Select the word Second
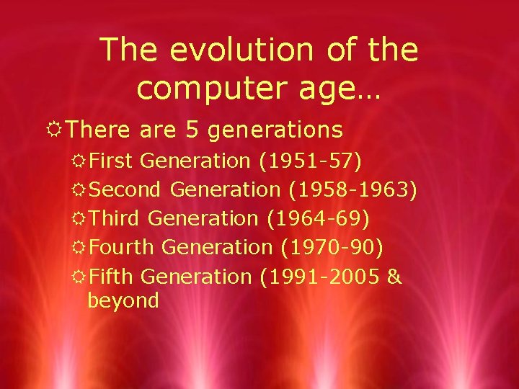[128, 189]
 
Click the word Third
[117, 218]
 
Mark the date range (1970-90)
[331, 247]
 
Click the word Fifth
[114, 276]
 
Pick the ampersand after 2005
[394, 276]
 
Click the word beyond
[123, 300]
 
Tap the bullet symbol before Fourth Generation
[79, 248]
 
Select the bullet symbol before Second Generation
[79, 190]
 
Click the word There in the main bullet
[101, 130]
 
